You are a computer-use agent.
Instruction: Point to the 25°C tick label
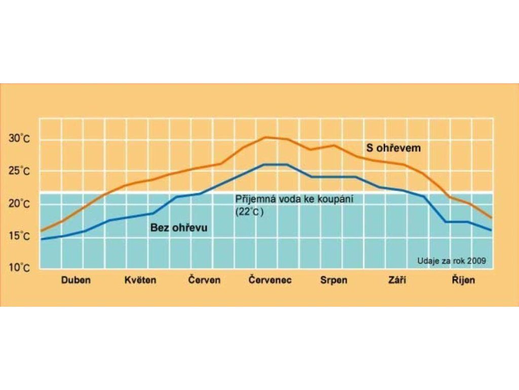20,172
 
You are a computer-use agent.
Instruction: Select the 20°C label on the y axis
20,204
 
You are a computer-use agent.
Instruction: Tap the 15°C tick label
20,236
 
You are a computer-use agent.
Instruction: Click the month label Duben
76,280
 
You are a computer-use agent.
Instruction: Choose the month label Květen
140,280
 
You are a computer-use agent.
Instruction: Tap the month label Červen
204,280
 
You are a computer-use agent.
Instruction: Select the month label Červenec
270,280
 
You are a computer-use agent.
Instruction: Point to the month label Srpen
334,280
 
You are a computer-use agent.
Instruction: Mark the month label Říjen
464,280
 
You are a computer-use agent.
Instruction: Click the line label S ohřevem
394,148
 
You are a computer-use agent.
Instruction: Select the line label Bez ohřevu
179,228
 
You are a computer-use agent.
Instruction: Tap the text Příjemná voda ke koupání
293,200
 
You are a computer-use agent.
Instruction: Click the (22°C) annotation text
250,212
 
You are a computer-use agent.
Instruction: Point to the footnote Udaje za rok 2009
452,261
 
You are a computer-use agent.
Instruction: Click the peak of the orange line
266,137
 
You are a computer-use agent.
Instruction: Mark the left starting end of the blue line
41,239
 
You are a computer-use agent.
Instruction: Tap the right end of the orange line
492,218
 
